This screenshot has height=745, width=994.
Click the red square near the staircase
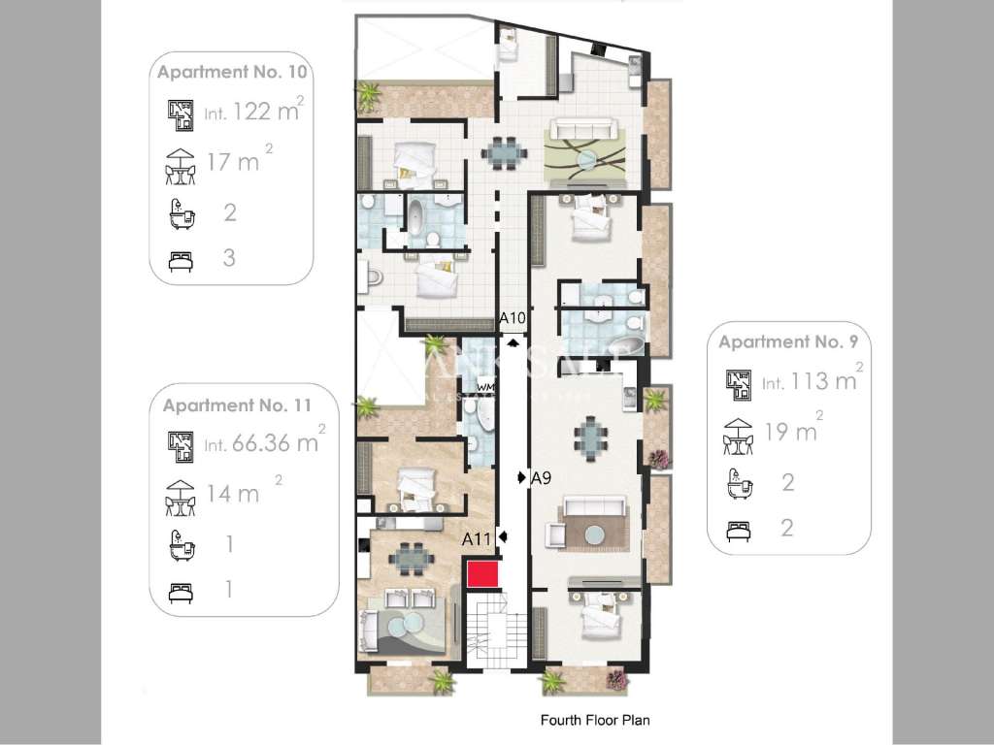[x=481, y=573]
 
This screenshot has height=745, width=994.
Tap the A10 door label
[x=513, y=318]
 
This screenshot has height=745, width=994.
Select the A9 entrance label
[x=541, y=477]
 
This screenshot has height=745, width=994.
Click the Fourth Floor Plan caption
[x=594, y=721]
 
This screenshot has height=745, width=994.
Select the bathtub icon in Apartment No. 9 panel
[x=739, y=483]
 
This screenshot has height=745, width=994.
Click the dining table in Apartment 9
[x=590, y=436]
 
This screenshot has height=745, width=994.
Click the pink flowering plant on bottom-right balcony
[x=616, y=681]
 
